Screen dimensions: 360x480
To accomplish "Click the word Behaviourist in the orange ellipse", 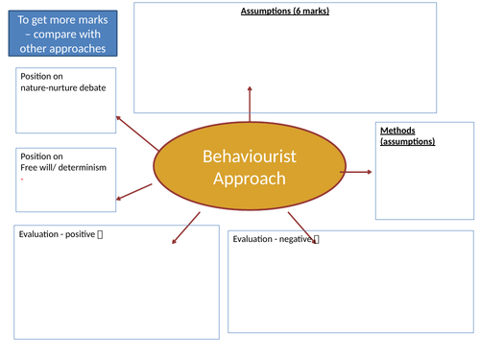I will [x=249, y=157].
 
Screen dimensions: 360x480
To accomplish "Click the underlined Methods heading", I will [x=397, y=131].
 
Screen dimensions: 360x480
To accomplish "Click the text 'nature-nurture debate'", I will [x=63, y=87].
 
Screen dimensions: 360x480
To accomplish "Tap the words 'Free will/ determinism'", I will [x=63, y=167].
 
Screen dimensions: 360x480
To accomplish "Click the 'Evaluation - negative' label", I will [x=272, y=239].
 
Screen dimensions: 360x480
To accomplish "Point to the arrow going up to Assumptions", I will [x=251, y=103].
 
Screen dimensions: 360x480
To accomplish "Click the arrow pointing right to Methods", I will [x=356, y=172].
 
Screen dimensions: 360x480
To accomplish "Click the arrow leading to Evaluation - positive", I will [x=185, y=228].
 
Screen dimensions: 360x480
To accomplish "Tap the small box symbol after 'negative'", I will [x=317, y=238].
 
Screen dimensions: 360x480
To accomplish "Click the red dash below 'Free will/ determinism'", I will [x=21, y=179].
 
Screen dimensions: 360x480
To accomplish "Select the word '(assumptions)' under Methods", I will [x=407, y=141].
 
